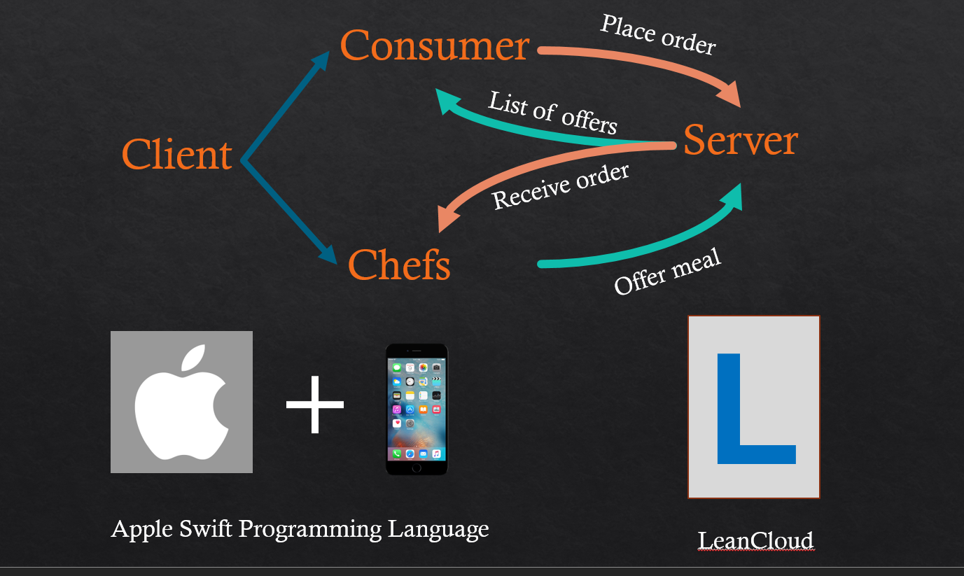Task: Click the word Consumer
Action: click(434, 46)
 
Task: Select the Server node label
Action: click(740, 140)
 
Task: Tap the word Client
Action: click(176, 155)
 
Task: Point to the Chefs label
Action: click(399, 265)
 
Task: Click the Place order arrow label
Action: click(658, 34)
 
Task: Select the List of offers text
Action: click(553, 112)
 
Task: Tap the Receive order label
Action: click(561, 187)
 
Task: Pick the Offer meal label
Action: click(667, 273)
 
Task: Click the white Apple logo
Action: click(181, 402)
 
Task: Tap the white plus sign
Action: click(315, 404)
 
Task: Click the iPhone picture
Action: click(417, 409)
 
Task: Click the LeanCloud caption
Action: click(755, 540)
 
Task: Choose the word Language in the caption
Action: click(438, 529)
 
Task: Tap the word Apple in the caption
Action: click(142, 529)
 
